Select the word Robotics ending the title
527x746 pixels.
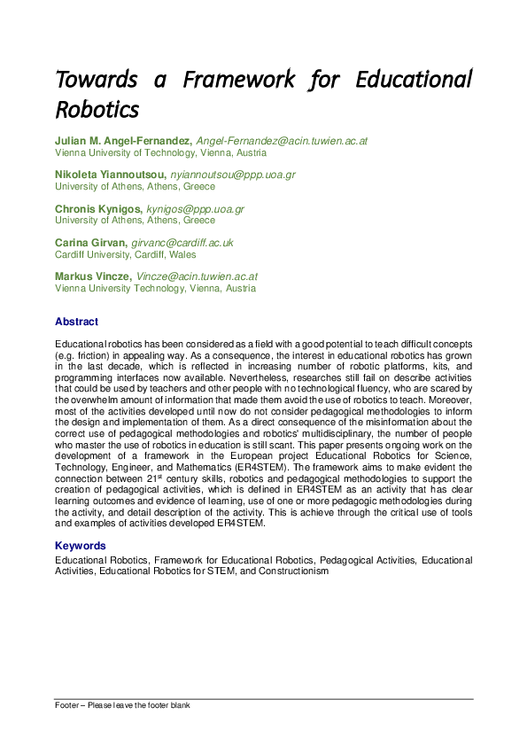tap(97, 110)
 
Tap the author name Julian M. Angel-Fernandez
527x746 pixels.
tap(123, 141)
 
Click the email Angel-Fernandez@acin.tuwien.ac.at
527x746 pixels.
tap(282, 141)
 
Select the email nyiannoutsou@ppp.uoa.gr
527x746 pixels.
tap(233, 175)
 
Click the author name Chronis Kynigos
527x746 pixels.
tap(97, 209)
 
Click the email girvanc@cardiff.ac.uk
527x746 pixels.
tap(182, 243)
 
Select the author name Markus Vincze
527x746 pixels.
tap(93, 276)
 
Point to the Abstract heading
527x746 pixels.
tap(76, 322)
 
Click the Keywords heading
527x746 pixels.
tap(81, 546)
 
